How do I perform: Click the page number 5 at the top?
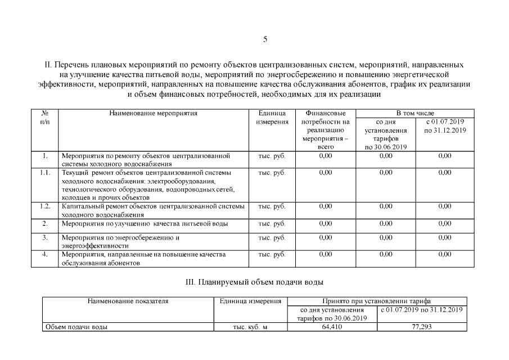pyautogui.click(x=264, y=39)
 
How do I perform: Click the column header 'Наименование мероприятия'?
pyautogui.click(x=153, y=113)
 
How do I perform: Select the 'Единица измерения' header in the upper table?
pyautogui.click(x=272, y=117)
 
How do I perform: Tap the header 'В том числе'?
pyautogui.click(x=415, y=113)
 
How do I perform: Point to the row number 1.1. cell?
pyautogui.click(x=46, y=172)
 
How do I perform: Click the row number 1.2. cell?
pyautogui.click(x=46, y=206)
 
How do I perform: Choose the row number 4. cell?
pyautogui.click(x=46, y=254)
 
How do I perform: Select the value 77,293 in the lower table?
pyautogui.click(x=421, y=326)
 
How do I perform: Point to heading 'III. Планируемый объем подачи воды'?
pyautogui.click(x=254, y=282)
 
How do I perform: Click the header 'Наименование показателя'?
pyautogui.click(x=128, y=301)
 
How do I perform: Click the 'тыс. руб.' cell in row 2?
pyautogui.click(x=272, y=223)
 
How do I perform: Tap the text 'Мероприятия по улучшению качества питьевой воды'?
pyautogui.click(x=145, y=223)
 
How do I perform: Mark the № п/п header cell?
pyautogui.click(x=46, y=117)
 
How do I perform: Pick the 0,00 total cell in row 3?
pyautogui.click(x=325, y=237)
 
